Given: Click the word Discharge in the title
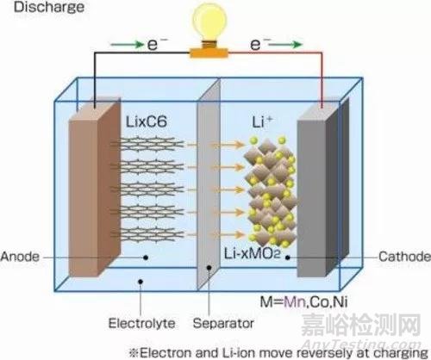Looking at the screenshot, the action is coord(49,7).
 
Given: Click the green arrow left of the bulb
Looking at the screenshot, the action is coord(127,45).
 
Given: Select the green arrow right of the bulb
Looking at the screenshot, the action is coord(286,45).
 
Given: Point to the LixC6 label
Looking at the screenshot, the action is coord(147,121).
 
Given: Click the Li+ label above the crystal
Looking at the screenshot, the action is coord(262,121).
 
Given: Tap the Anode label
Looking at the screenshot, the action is coord(20,257).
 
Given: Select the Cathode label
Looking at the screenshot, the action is coord(404,257).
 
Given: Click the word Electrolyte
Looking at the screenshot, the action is coord(141,323).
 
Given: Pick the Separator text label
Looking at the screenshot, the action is coord(223,323).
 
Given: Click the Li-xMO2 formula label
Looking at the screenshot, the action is coord(252,253).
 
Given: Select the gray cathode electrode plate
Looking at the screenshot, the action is coord(323,187).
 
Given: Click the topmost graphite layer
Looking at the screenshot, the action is coord(147,144).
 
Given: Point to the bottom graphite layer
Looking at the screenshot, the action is coord(147,234).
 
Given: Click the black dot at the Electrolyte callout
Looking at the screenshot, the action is coord(141,282).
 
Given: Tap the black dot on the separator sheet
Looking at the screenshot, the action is coord(209,268).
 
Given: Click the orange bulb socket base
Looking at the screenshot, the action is coord(209,53).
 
